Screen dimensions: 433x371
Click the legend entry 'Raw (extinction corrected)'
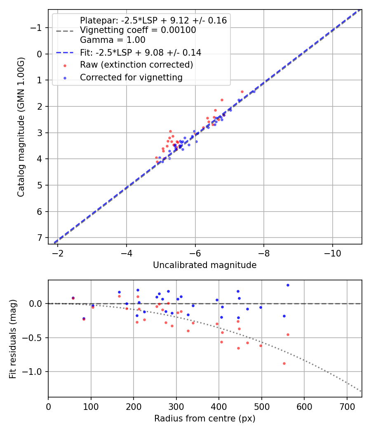click(x=136, y=65)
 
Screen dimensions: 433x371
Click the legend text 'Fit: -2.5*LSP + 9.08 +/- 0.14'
click(x=141, y=53)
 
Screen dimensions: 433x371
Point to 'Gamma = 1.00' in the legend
click(x=113, y=40)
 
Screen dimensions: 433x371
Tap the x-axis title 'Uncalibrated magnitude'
click(x=204, y=265)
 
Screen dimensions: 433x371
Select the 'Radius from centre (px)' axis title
click(x=204, y=419)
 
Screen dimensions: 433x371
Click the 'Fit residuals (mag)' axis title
click(x=13, y=339)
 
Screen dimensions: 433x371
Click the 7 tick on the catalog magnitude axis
click(x=40, y=238)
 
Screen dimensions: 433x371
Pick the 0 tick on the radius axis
click(x=48, y=406)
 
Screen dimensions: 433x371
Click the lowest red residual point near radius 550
click(x=284, y=363)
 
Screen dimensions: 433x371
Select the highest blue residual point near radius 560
click(x=288, y=285)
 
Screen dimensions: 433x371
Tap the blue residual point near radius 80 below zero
click(x=84, y=318)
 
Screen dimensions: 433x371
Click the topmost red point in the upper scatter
click(x=242, y=92)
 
